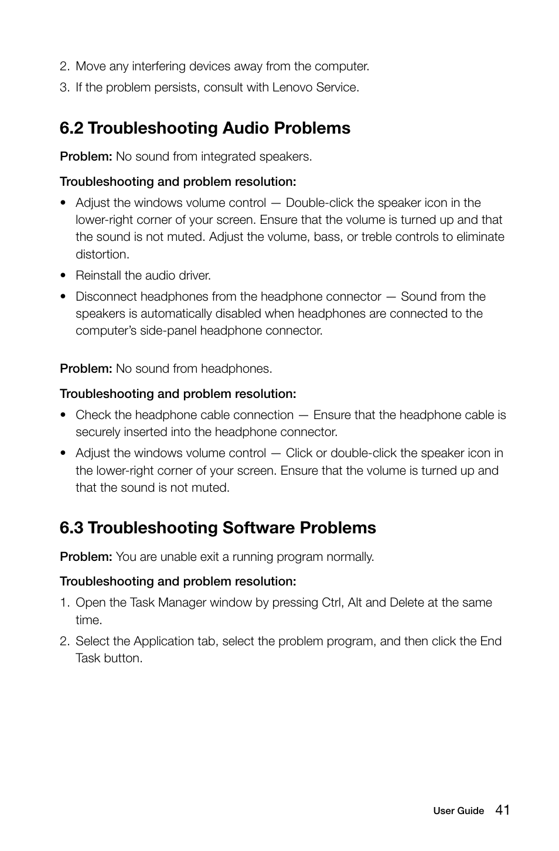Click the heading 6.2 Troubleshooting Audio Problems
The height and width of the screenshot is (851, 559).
204,128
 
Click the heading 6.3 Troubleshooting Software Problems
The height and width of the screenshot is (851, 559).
217,528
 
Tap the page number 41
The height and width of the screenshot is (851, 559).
502,810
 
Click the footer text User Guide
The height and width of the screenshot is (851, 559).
458,811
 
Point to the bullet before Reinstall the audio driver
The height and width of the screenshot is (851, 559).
63,276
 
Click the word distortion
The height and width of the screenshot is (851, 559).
102,254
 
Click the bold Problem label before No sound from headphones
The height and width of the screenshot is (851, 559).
86,369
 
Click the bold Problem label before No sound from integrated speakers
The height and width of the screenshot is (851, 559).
86,156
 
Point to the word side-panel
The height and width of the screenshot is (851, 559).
168,331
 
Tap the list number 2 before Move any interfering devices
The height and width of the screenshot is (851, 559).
64,66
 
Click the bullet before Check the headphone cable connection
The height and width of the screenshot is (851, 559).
63,416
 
